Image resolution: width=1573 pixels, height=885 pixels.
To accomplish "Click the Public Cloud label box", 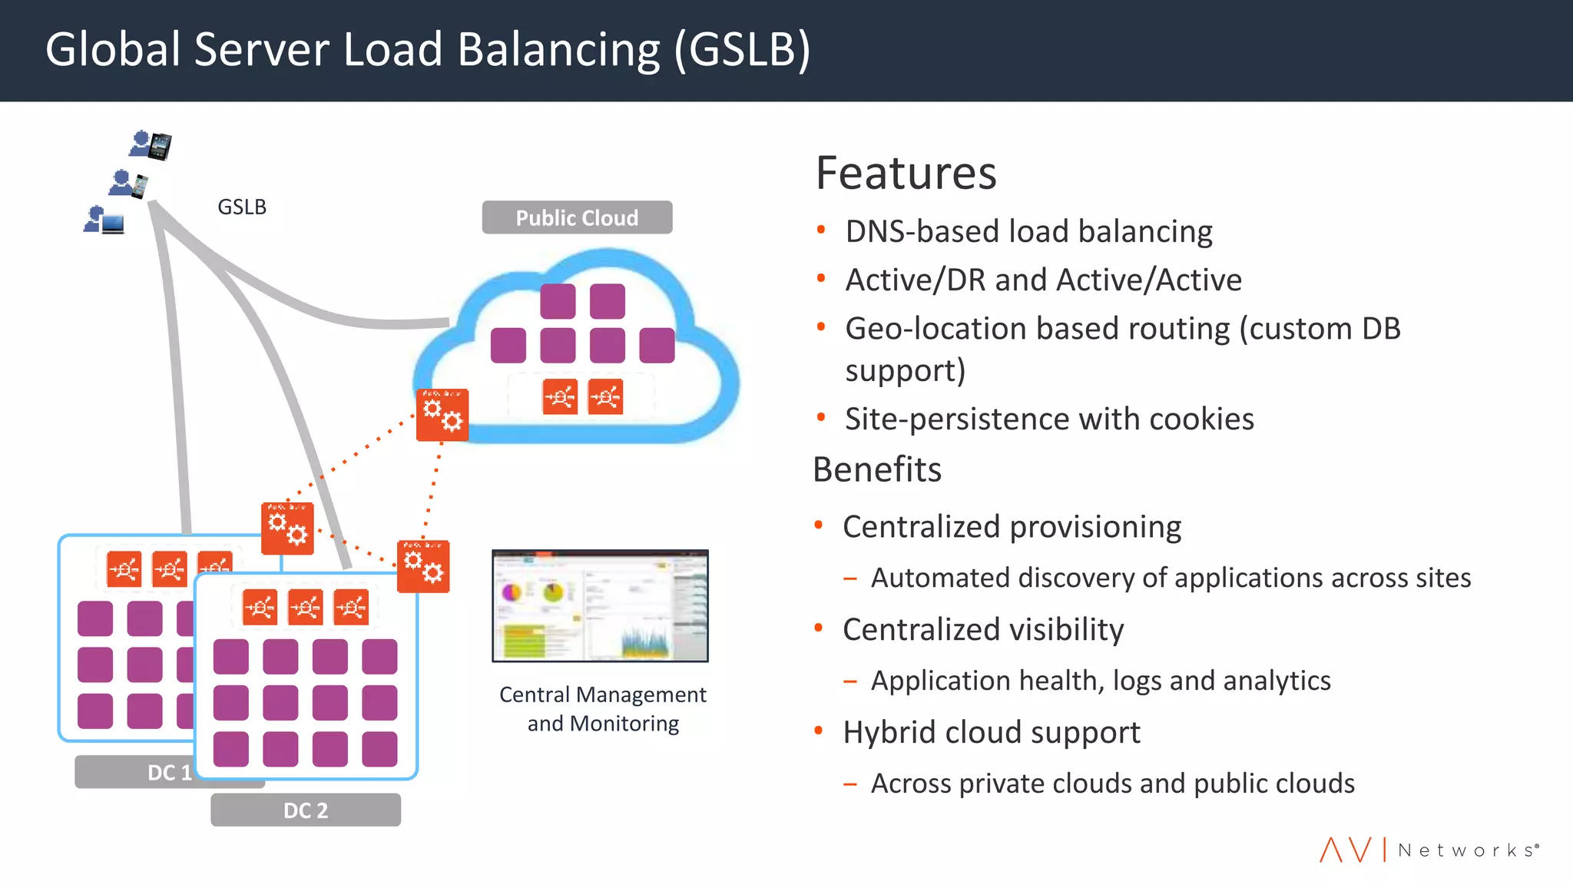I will click(x=577, y=217).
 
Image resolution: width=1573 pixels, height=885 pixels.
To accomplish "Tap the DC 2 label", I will click(x=306, y=810).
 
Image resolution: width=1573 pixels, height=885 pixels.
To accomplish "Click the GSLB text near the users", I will click(x=242, y=207).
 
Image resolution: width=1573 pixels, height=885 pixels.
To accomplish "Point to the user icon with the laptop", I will click(x=104, y=220).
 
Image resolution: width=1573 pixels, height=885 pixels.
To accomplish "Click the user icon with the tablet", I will click(x=151, y=144).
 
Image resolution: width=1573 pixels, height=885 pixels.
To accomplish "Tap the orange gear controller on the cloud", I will click(x=442, y=415).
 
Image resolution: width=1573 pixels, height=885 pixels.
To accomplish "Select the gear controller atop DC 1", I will click(x=287, y=528).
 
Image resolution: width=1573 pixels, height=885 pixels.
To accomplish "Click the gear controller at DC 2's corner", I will click(x=423, y=566).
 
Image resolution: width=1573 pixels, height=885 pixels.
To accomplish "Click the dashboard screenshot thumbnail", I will click(x=600, y=605).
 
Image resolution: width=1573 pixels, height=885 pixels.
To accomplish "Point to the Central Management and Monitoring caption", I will click(x=603, y=708).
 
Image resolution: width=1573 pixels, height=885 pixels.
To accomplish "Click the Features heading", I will click(x=906, y=173).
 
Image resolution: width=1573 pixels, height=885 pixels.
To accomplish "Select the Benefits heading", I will click(x=876, y=469).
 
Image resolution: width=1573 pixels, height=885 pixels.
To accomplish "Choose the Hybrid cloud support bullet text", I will click(x=991, y=732).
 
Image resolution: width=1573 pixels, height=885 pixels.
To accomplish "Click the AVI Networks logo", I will click(x=1429, y=850).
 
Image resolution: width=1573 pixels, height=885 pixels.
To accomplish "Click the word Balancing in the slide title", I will click(x=558, y=50).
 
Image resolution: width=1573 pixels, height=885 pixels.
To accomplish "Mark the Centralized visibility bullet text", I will click(x=983, y=629).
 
